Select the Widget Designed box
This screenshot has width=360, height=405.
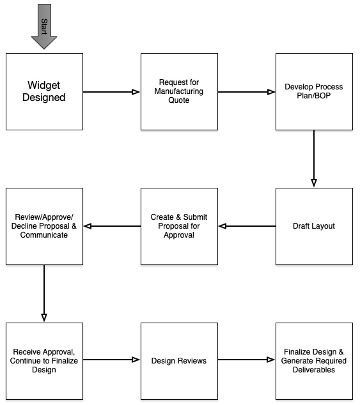(44, 91)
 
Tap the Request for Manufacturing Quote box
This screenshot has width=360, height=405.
(179, 91)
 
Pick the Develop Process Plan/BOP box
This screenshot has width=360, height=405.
(313, 91)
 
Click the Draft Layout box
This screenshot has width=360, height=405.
(313, 226)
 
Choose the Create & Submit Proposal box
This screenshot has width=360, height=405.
(179, 226)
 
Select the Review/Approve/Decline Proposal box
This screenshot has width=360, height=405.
(44, 226)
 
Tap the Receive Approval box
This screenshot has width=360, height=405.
(44, 361)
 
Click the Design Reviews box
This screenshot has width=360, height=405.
(179, 361)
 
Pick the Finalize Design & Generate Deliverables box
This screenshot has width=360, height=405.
(313, 361)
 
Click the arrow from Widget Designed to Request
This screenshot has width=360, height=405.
(111, 92)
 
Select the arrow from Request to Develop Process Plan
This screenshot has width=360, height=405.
(246, 92)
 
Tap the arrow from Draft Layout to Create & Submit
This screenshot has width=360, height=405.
(246, 226)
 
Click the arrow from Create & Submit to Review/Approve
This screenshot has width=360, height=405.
(111, 226)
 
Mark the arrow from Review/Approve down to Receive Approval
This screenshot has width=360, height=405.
(44, 293)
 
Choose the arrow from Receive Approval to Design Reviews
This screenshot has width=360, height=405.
(111, 361)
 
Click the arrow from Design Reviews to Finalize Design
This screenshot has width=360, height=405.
(246, 361)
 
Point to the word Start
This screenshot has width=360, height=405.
(44, 26)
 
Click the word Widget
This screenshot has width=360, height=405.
(44, 85)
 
